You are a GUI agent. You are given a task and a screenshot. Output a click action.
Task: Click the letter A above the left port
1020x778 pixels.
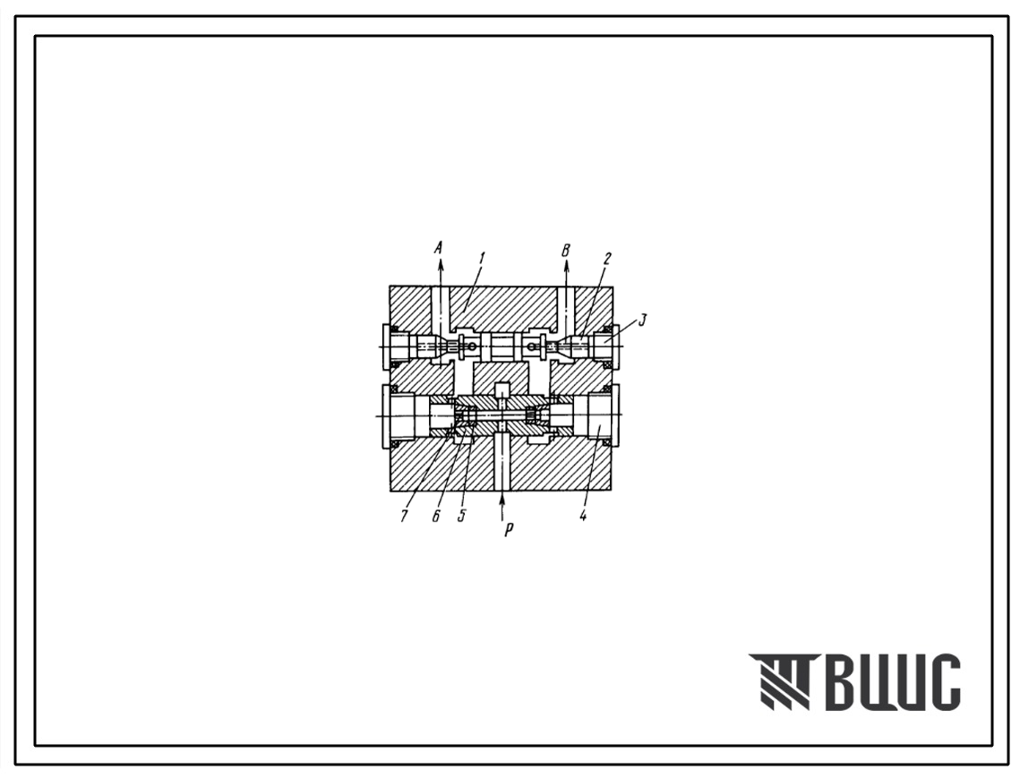(439, 247)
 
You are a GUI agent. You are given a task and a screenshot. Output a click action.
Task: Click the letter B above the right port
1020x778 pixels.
(566, 251)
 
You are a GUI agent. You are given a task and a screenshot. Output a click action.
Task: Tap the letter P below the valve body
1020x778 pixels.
(509, 530)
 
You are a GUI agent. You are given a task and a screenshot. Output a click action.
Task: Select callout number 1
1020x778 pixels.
(482, 258)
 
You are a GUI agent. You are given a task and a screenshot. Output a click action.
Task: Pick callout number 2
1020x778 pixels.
(607, 258)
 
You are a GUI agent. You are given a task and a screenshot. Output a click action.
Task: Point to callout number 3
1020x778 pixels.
(642, 320)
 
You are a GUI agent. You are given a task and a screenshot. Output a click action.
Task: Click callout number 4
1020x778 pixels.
(584, 516)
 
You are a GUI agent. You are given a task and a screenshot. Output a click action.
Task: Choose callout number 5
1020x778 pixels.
(461, 516)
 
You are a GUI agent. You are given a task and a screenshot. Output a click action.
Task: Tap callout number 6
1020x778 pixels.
(436, 516)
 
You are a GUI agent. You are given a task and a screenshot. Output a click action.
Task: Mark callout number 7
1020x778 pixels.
(404, 516)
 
